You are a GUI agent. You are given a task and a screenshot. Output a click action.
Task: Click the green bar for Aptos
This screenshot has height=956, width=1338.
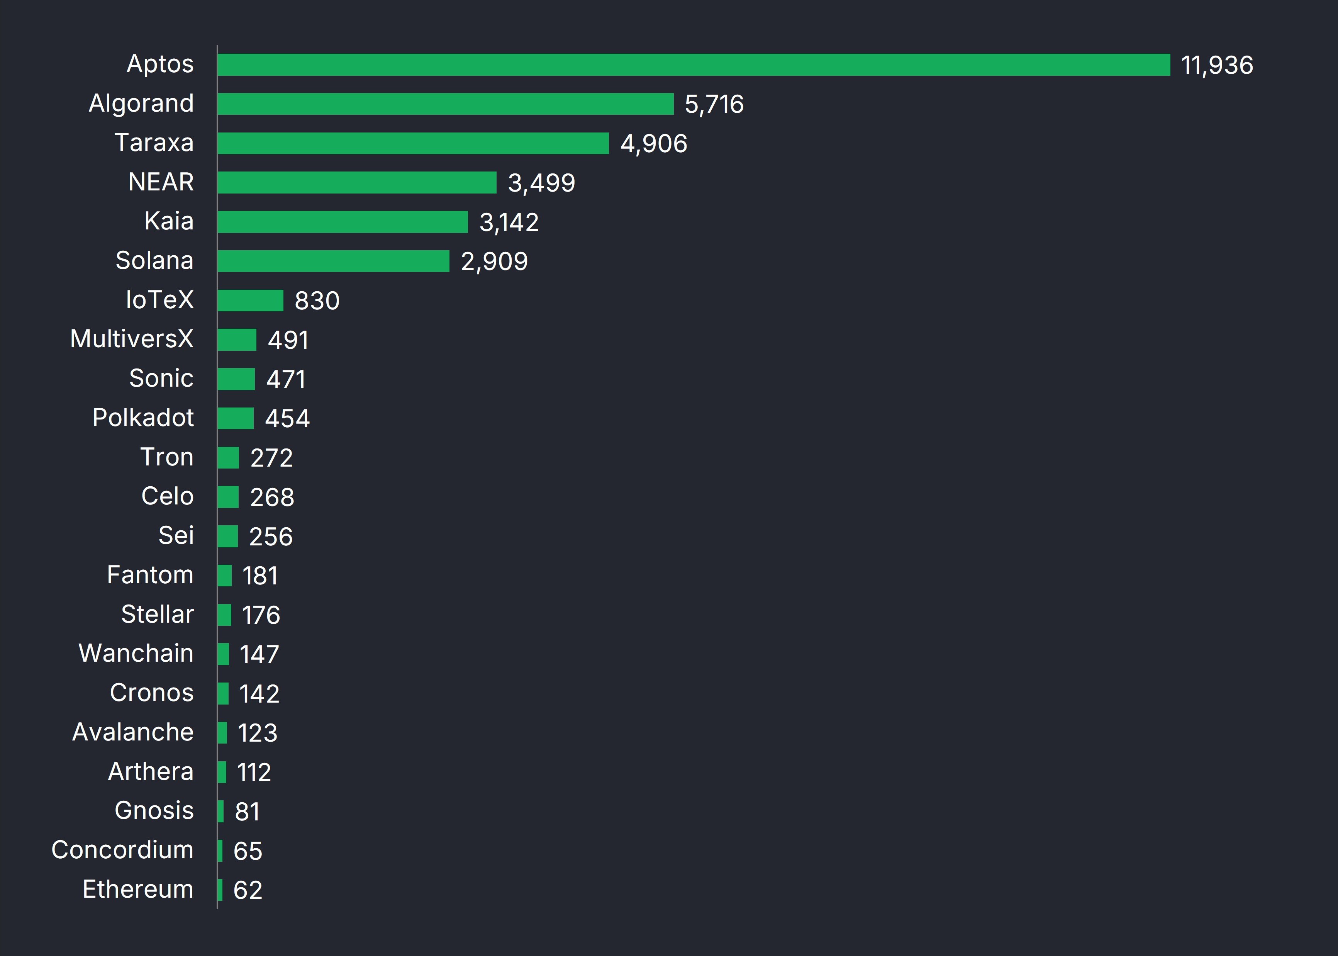[693, 65]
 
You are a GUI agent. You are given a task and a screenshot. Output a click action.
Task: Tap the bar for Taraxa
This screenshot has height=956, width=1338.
[412, 143]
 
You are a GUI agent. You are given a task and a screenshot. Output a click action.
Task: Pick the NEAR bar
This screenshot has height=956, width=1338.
[356, 182]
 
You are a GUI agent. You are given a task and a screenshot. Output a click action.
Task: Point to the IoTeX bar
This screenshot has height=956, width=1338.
[250, 300]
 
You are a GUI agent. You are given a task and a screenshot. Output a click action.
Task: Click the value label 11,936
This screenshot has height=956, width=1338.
[1217, 65]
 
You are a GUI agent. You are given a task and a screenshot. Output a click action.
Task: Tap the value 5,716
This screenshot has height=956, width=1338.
[714, 105]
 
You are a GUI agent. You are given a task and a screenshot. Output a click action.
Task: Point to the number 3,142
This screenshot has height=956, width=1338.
[509, 222]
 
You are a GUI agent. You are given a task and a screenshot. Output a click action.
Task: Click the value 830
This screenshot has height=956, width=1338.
[317, 301]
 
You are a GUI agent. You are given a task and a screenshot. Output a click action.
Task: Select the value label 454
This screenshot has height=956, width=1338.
[287, 419]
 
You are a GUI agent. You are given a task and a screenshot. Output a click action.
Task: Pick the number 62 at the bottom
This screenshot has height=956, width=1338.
[248, 890]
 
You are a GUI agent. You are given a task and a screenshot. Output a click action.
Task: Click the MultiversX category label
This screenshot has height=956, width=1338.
[132, 339]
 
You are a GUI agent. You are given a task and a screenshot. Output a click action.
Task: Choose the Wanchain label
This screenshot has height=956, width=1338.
[136, 654]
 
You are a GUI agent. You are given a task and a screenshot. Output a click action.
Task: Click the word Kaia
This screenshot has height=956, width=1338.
[169, 221]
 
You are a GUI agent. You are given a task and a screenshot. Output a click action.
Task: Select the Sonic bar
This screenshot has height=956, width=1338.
[236, 379]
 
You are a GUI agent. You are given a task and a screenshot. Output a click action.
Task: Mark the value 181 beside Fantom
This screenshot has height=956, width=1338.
[259, 576]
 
